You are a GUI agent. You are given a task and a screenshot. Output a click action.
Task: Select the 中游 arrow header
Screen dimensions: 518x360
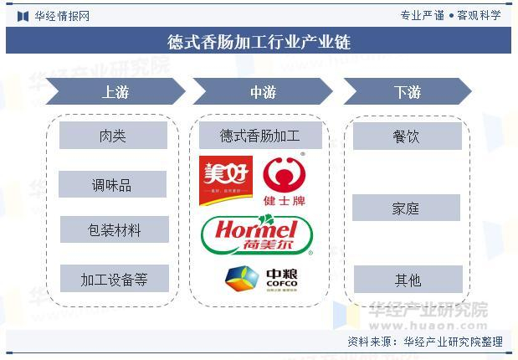[263, 91]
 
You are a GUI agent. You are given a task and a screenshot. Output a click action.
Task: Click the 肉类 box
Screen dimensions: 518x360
[113, 136]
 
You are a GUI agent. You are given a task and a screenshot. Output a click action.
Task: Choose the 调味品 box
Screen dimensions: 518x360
[113, 184]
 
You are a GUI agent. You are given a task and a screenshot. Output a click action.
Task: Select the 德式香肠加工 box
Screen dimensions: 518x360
[259, 135]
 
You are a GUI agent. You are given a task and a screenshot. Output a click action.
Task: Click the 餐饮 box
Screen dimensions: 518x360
[407, 136]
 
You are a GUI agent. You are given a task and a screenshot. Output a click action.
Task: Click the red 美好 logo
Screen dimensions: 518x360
[225, 180]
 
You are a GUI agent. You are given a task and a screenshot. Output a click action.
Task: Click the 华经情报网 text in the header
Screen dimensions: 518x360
[60, 15]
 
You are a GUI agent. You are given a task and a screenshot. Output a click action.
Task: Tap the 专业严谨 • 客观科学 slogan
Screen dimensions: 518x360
[450, 15]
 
